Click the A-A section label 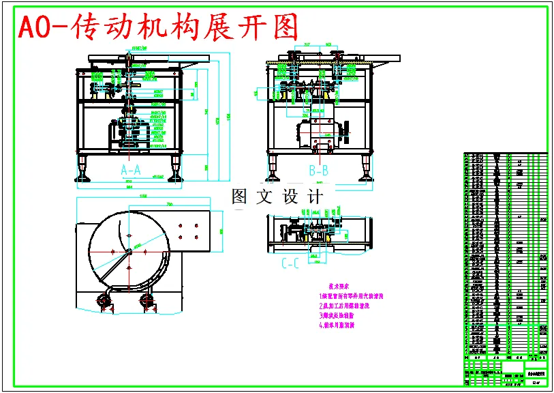click(130, 169)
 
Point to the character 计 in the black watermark click(316, 197)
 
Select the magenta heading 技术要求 click(339, 286)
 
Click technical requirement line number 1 click(352, 296)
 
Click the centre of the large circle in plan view click(127, 251)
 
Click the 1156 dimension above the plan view click(143, 197)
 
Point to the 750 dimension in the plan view click(168, 205)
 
